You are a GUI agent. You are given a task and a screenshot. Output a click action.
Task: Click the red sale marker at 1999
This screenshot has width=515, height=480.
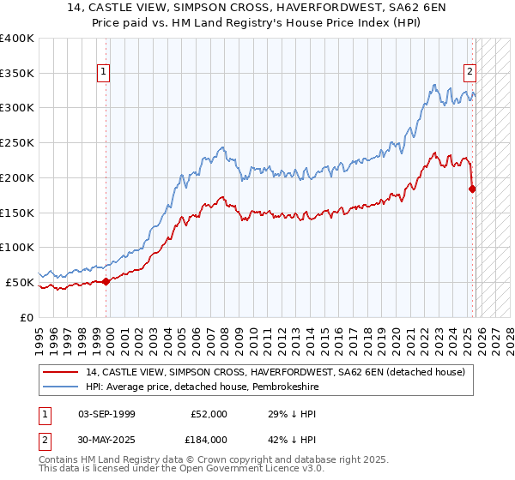106,280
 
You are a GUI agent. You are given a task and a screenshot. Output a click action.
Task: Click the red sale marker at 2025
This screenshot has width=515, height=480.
472,189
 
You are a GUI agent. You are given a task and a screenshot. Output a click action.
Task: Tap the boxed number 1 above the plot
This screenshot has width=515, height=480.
103,73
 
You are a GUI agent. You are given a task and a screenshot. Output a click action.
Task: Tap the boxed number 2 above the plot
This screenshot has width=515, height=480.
470,73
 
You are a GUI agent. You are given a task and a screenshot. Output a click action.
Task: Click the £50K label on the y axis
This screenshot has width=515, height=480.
20,282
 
